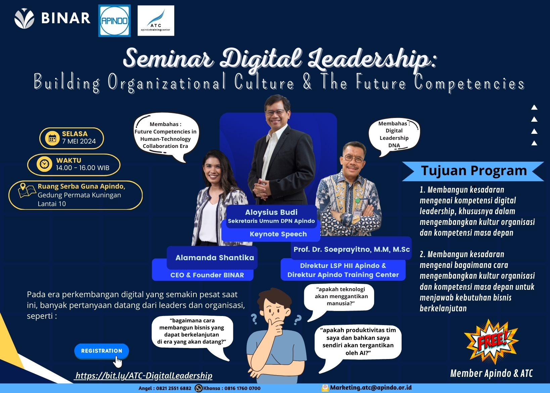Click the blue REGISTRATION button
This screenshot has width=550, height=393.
tap(101, 351)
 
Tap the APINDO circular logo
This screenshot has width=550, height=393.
tap(114, 21)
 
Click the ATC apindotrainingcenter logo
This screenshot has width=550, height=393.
tap(156, 21)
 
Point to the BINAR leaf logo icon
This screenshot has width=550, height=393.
tap(24, 18)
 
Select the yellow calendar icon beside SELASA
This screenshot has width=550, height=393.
tap(52, 139)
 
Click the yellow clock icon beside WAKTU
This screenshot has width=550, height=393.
tap(44, 164)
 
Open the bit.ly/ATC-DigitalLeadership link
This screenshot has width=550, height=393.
tap(144, 376)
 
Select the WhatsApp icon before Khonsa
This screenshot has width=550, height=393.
tap(198, 388)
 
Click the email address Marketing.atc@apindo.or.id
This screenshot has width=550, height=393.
tap(371, 388)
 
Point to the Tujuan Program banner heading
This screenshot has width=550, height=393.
tap(474, 170)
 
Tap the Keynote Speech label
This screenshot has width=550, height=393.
tap(278, 234)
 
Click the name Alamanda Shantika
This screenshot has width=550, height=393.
tap(215, 258)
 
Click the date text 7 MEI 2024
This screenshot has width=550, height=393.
tap(79, 141)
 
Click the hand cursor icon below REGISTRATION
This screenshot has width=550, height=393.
tap(118, 362)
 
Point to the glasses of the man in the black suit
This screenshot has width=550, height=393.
tap(275, 113)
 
